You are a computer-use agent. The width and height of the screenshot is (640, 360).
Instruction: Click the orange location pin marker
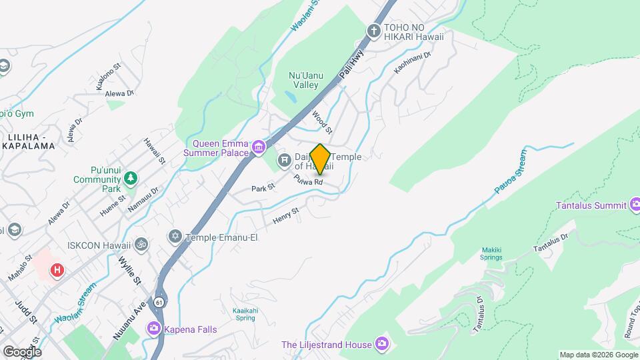(320, 158)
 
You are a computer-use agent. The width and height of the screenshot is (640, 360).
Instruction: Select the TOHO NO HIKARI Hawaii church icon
(374, 31)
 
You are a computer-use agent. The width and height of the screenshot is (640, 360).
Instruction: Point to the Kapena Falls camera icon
(154, 328)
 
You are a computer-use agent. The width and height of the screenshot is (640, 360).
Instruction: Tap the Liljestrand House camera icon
(382, 344)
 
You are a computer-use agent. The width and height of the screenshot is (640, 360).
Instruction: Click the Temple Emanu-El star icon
(176, 236)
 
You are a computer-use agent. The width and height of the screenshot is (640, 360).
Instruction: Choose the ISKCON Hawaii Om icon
(141, 244)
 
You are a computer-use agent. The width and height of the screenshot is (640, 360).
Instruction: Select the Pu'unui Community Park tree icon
(131, 179)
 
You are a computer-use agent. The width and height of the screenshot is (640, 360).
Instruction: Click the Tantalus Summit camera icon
(634, 205)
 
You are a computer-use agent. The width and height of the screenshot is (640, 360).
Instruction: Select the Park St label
(263, 189)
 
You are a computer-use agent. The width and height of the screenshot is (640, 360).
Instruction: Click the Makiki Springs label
(491, 254)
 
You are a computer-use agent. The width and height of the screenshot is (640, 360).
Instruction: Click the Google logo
(21, 351)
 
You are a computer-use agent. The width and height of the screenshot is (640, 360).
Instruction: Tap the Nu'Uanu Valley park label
(307, 81)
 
